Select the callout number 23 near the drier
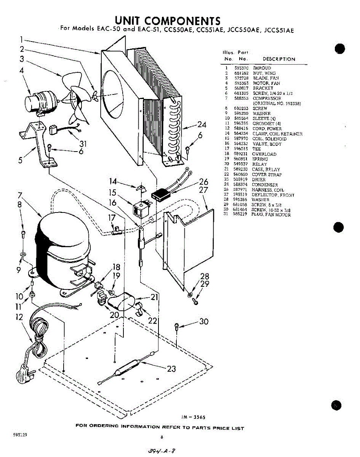[171, 368]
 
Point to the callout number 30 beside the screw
[204, 322]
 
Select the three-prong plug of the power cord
[24, 370]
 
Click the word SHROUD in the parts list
[262, 68]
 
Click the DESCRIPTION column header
[279, 59]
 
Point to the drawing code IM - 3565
[196, 417]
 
